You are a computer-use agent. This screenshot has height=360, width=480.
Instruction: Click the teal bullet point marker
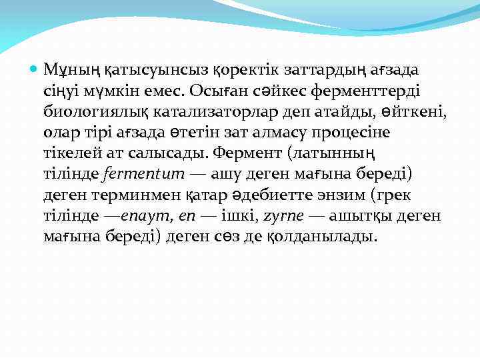coord(34,69)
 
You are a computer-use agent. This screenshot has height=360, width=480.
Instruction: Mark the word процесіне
coord(355,133)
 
